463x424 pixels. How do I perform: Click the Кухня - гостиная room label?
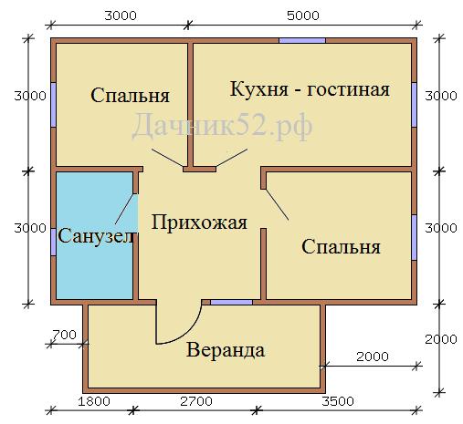coord(310,89)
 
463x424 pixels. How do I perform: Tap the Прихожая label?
coord(199,222)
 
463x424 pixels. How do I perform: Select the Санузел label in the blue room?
coord(96,235)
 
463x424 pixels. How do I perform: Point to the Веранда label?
coord(226,350)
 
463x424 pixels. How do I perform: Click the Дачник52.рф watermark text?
coord(222,126)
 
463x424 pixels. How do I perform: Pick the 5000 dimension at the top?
coord(303,16)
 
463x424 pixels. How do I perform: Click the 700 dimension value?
coord(64,335)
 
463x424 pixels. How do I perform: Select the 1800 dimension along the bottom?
coord(94,401)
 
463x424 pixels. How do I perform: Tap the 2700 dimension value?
coord(196,401)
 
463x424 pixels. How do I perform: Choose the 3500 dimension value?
coord(338,401)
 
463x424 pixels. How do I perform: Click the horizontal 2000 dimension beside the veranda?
coord(373,357)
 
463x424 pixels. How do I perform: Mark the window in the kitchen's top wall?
coord(302,40)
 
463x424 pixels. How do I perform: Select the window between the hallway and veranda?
coord(232,302)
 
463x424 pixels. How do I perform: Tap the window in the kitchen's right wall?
coord(415,104)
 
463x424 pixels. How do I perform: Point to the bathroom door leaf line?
coord(124,209)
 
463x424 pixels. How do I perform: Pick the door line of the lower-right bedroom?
coord(277,204)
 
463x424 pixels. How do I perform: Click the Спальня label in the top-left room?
coord(130,95)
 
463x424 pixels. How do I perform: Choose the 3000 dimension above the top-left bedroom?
coord(121,16)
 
